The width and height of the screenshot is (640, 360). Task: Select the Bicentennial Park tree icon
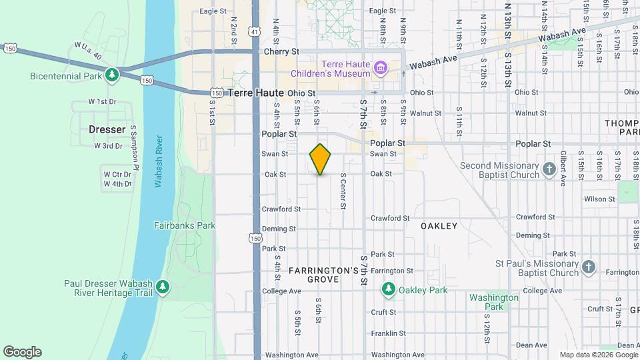(113, 75)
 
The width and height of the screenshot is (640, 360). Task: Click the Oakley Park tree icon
(389, 290)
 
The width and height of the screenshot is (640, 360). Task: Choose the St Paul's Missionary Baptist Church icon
(588, 267)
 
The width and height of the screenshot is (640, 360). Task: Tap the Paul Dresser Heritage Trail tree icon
(162, 287)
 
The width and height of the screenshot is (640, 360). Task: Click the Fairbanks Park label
(185, 225)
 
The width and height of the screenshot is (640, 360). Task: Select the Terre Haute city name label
(256, 93)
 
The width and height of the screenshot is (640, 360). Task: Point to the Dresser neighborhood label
(107, 129)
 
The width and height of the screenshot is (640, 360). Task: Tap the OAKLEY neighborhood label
(439, 226)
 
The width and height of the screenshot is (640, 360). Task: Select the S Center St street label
(343, 191)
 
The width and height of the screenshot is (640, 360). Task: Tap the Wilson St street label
(599, 199)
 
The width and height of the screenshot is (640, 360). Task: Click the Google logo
(22, 352)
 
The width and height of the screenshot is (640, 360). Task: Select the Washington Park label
(493, 302)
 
